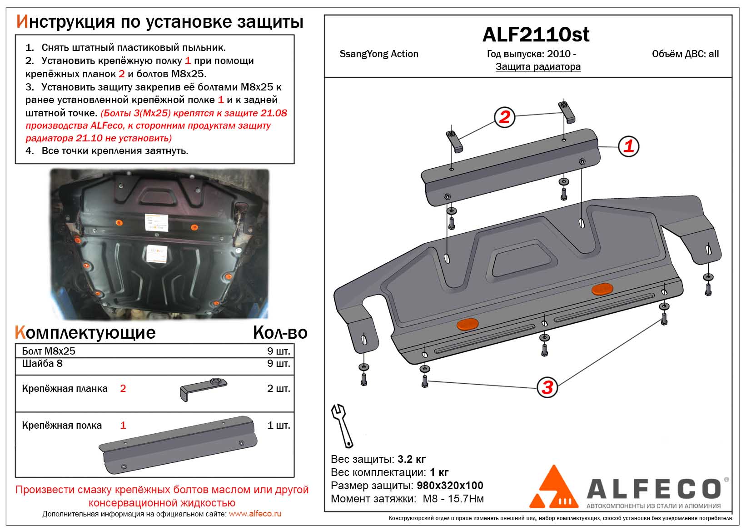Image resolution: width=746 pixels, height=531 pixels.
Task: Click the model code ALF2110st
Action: pos(536,35)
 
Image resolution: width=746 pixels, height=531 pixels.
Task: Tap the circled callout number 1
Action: pos(628,146)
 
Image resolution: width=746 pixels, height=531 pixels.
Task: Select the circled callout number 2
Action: pos(504,117)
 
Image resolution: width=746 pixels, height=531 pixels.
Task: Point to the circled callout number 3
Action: pos(547,387)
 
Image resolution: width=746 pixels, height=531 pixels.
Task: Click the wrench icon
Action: pos(342,426)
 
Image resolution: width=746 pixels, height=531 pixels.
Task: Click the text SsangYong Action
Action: pos(379,54)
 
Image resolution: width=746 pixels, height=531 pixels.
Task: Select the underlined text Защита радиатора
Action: pos(538,67)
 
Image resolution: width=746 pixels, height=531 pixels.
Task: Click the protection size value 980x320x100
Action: pos(450,486)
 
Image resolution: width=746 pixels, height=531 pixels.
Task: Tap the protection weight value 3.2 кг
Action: pos(412,459)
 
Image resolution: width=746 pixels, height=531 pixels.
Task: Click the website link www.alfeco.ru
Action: pos(255,514)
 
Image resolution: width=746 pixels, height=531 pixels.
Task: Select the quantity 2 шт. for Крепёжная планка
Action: pos(279,389)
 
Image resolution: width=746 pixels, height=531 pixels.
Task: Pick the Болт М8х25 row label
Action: pos(49,351)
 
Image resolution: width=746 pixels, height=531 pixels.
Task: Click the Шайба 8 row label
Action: pos(42,364)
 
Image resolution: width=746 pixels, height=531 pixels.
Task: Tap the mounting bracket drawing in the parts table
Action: pos(203,389)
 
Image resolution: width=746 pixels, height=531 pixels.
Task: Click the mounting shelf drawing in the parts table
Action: pos(178,445)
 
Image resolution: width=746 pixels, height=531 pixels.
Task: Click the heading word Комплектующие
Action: pos(85,333)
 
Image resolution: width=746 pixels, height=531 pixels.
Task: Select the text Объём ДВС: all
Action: pos(685,54)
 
